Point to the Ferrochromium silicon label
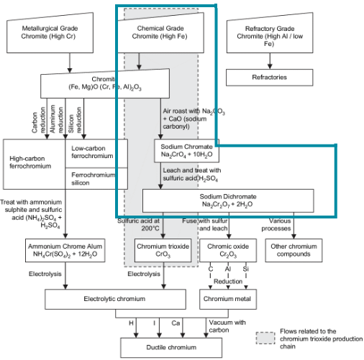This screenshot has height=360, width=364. tap(96, 177)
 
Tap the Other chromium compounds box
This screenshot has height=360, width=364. tap(295, 249)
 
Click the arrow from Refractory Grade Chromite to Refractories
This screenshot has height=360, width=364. tap(260, 60)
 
